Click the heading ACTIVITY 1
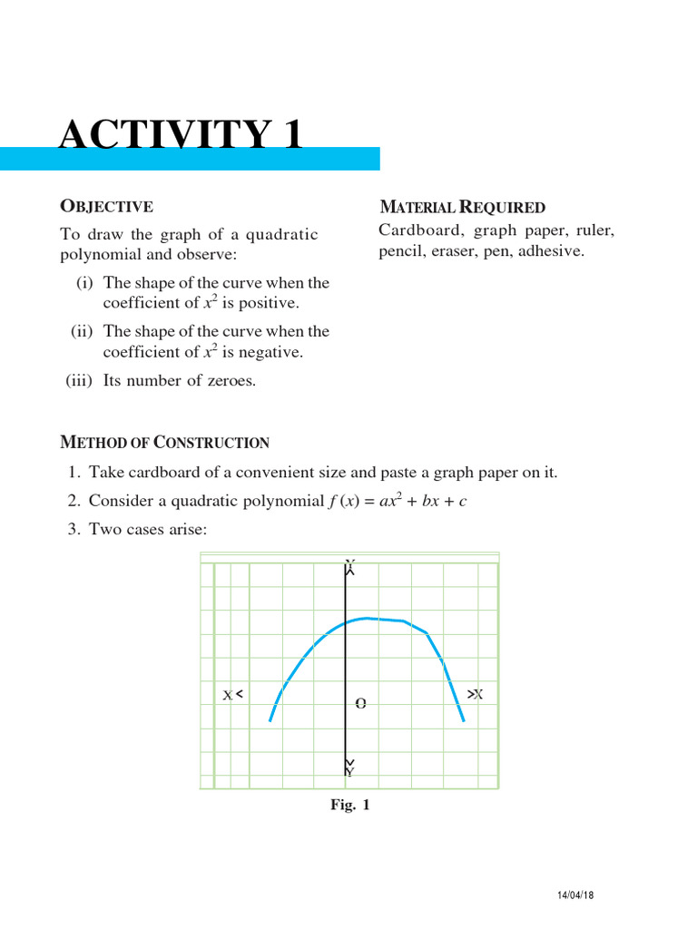click(181, 135)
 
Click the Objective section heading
click(106, 207)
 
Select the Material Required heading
click(462, 208)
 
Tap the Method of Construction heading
click(164, 443)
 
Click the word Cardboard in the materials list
click(419, 230)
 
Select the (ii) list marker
click(83, 332)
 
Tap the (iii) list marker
click(80, 381)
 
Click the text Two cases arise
click(148, 529)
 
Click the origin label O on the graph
click(360, 703)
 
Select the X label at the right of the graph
click(477, 694)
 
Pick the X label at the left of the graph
click(228, 696)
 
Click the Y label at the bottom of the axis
click(349, 772)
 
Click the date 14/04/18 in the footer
click(574, 895)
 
